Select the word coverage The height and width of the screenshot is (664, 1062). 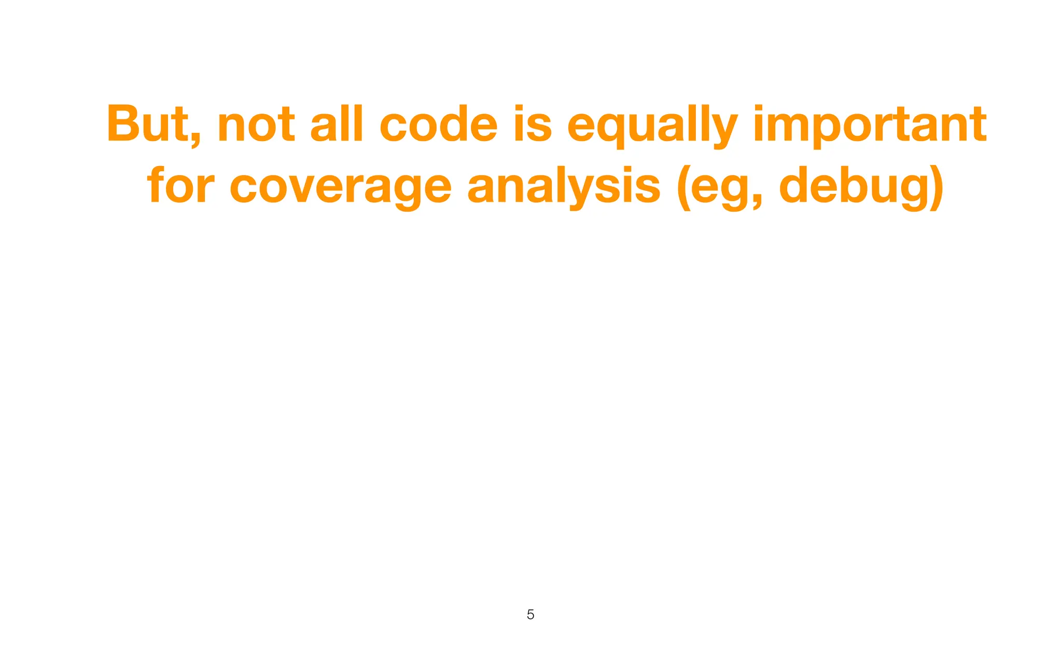(x=341, y=188)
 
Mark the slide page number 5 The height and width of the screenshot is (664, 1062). (x=530, y=615)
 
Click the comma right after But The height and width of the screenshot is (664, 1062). (x=195, y=140)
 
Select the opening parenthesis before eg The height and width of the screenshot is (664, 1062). (x=684, y=187)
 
